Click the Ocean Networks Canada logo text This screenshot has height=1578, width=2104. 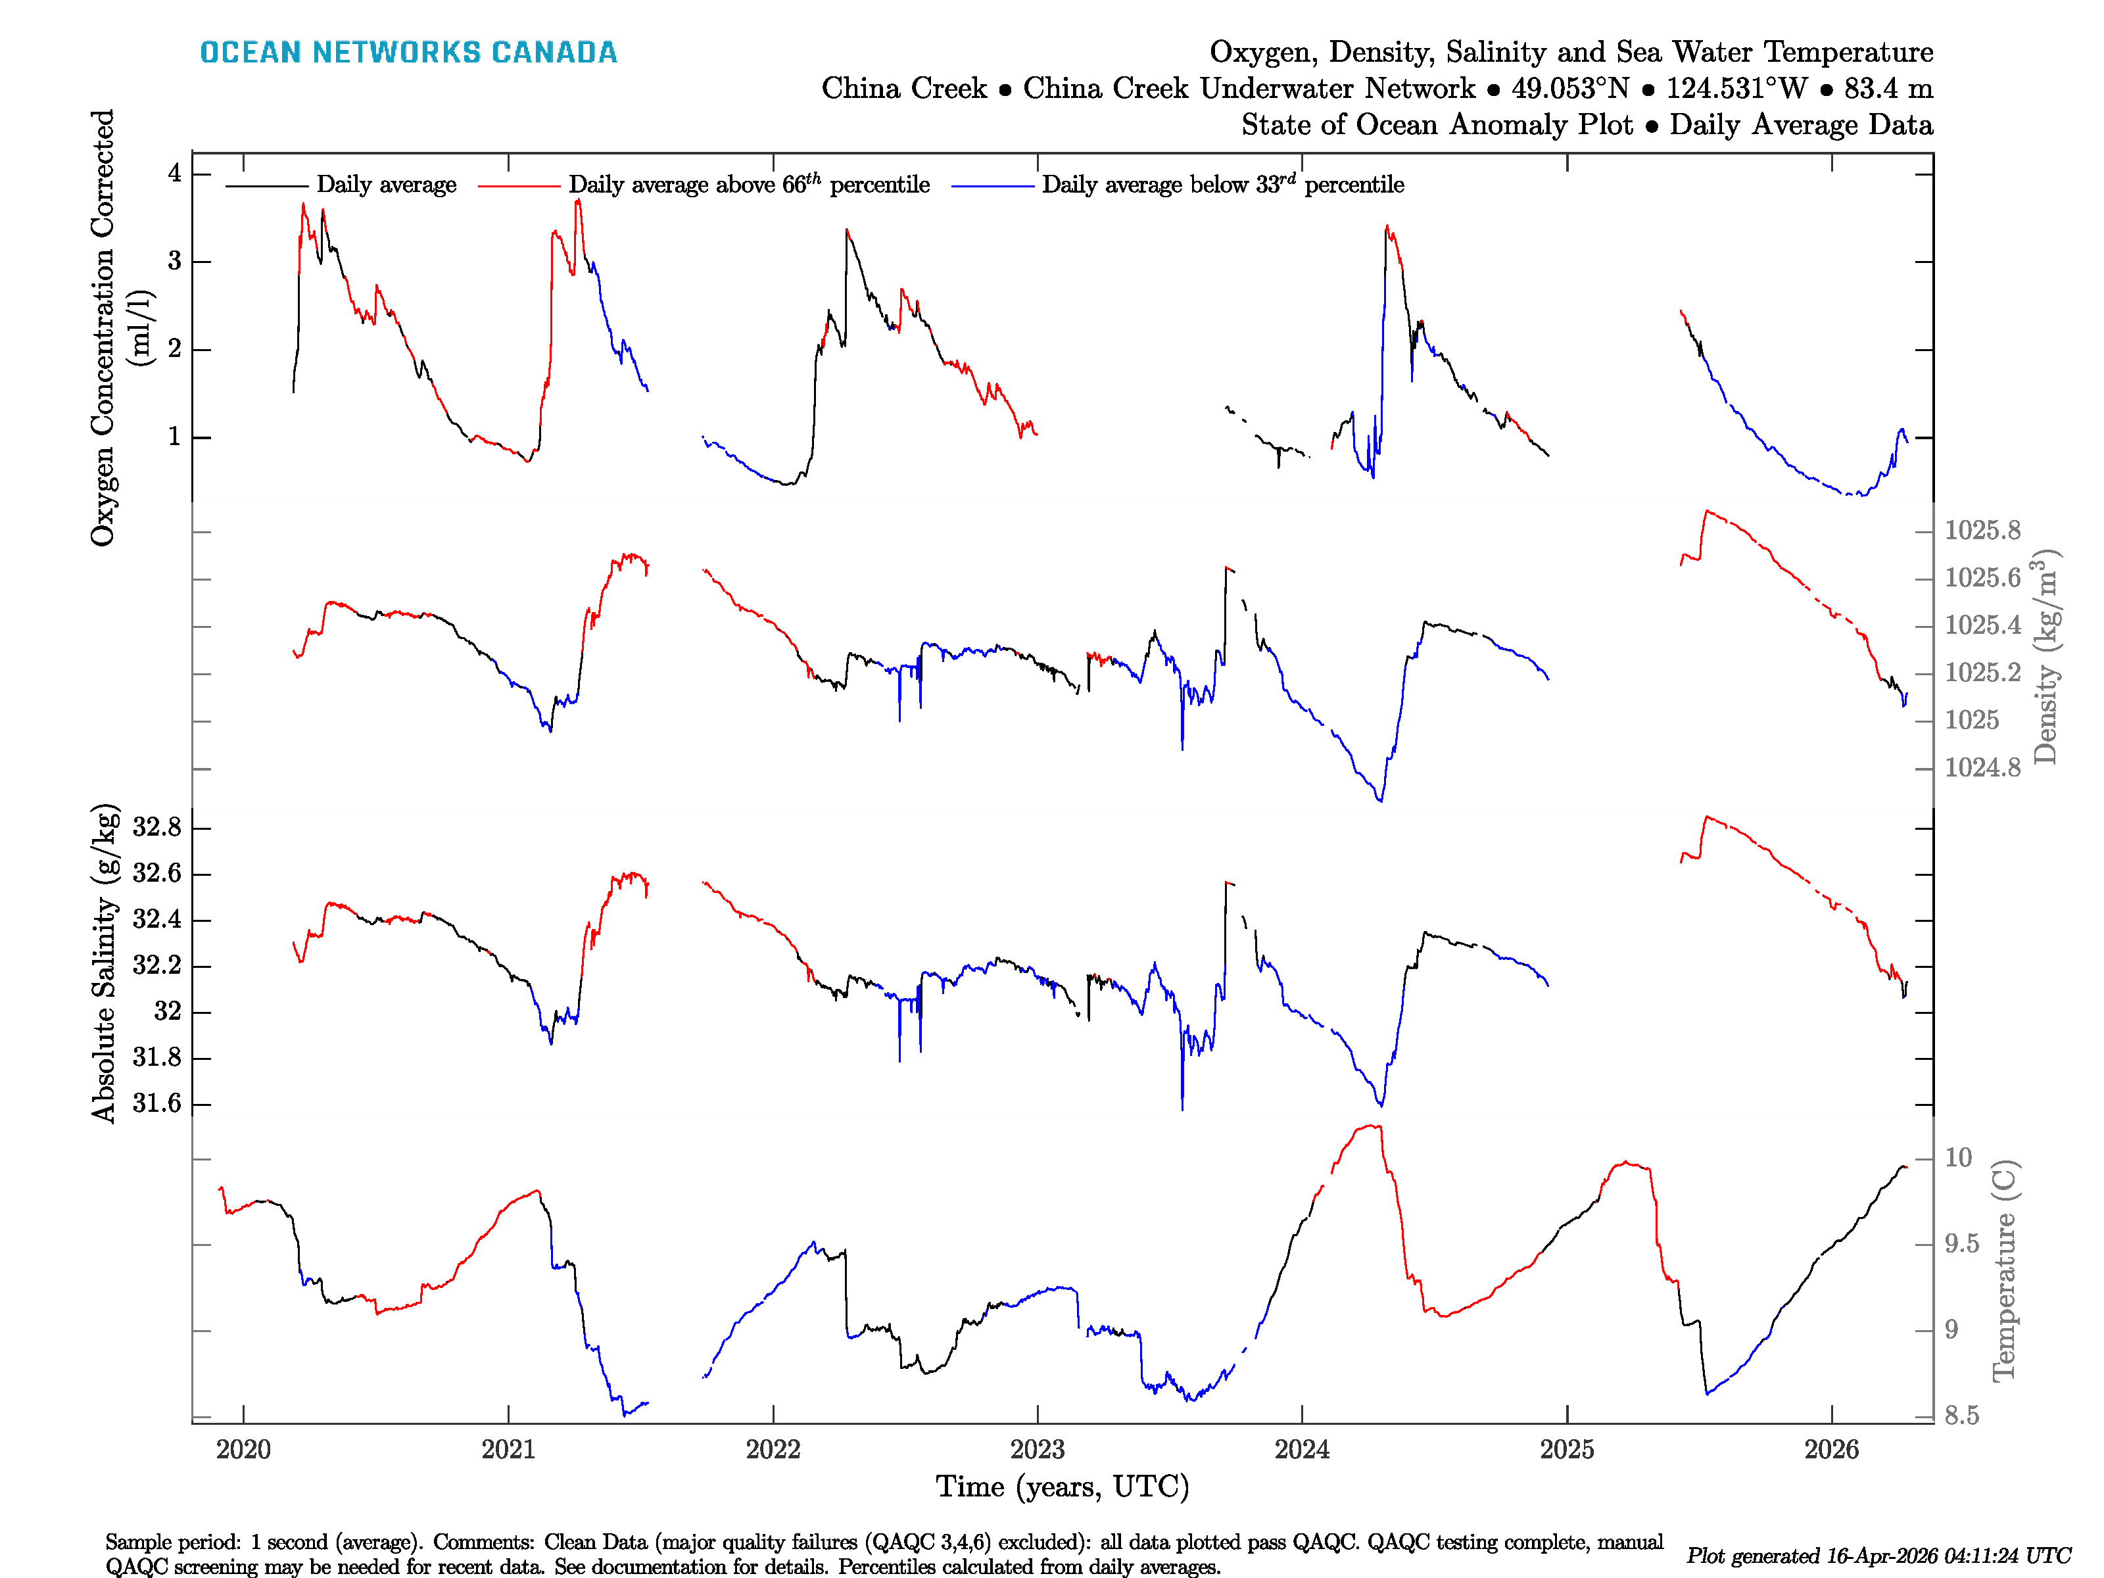tap(408, 53)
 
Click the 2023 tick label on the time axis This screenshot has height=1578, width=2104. tap(1037, 1450)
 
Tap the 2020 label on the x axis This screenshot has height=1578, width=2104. tap(243, 1450)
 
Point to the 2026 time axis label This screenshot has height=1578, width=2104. tap(1831, 1450)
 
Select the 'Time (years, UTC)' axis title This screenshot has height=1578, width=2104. tap(1063, 1487)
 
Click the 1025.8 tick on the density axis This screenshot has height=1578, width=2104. tap(1982, 531)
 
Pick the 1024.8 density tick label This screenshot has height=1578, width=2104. tap(1982, 767)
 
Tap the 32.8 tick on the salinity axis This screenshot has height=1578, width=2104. tap(157, 828)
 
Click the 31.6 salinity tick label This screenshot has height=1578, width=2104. tap(157, 1103)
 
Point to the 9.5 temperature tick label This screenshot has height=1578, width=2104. tap(1961, 1244)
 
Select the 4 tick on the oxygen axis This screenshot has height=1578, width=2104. tap(175, 173)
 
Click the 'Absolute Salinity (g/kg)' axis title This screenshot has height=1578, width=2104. tap(105, 963)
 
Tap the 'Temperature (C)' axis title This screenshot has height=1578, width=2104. tap(2003, 1271)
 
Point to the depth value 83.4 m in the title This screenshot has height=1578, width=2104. tap(1888, 89)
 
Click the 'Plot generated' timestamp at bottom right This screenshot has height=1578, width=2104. tap(1878, 1555)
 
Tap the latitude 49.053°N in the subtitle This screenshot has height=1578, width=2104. tap(1570, 89)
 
